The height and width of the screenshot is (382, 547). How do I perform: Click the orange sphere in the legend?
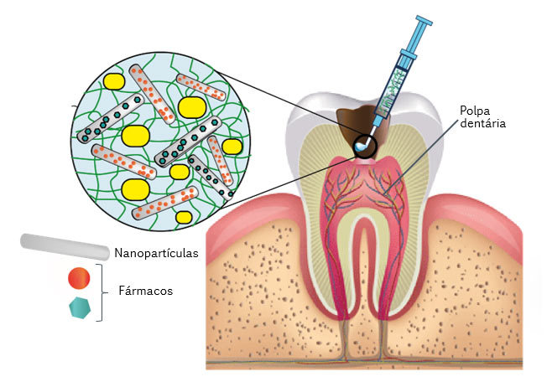[x=79, y=277]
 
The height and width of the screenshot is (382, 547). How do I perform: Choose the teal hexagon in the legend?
[x=79, y=307]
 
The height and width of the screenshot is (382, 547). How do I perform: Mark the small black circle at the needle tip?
[x=366, y=147]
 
